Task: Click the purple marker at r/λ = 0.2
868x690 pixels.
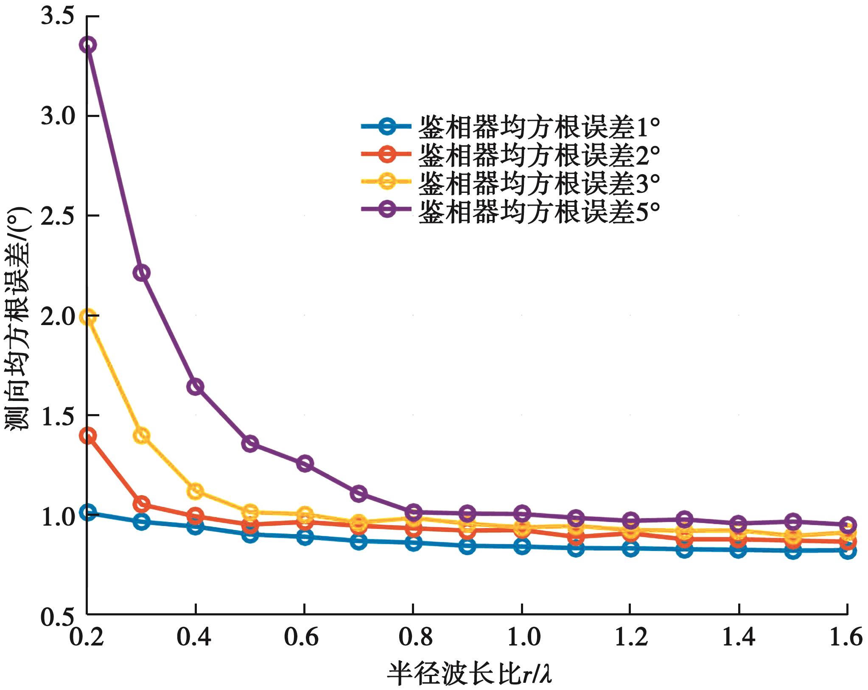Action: pos(88,45)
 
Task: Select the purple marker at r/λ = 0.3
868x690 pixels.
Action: pos(141,272)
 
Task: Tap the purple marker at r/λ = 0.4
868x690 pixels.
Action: pos(195,387)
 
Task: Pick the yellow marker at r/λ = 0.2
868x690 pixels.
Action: pos(88,317)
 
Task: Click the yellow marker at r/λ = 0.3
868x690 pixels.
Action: pos(141,436)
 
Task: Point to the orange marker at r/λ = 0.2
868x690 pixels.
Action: pos(88,436)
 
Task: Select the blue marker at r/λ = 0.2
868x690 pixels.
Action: pos(88,512)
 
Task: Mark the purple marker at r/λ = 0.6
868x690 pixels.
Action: pos(304,463)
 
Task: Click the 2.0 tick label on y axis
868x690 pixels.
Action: pos(57,317)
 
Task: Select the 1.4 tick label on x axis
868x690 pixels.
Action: pos(739,637)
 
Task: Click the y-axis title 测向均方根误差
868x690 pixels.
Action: pos(19,318)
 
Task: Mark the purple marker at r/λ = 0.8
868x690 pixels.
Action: pos(413,512)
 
